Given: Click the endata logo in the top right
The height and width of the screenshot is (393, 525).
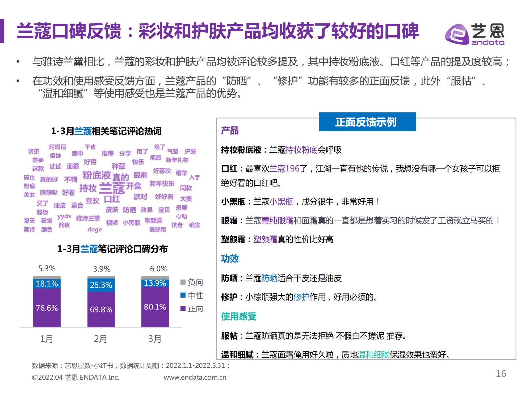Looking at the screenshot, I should pos(474,34).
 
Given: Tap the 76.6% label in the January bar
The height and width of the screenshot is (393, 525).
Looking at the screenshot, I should pos(47,308).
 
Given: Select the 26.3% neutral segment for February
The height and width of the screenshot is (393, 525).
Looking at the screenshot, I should pos(101,285).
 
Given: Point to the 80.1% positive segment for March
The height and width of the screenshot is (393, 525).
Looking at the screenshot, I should pos(155,307).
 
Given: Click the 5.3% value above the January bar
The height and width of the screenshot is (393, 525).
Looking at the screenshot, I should pos(47,269).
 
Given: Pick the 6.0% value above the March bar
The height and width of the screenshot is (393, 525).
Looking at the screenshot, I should pos(158,269).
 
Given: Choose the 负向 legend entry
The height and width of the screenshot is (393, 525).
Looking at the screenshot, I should pos(192,282).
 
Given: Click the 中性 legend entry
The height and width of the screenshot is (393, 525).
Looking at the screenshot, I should pos(192,295).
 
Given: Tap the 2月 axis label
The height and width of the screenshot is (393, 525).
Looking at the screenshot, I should pos(100,339).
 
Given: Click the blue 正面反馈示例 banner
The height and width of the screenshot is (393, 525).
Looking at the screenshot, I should pos(367,122).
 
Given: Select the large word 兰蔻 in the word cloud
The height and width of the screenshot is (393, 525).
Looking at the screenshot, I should pos(112,188).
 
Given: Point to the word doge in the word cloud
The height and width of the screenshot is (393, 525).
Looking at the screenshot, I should pos(94,229).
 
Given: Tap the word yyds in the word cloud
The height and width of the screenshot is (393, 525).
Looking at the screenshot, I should pos(64,216).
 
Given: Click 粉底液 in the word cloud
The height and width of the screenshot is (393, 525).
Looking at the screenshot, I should pos(96,175).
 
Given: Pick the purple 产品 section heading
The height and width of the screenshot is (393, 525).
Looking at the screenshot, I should pos(230,131).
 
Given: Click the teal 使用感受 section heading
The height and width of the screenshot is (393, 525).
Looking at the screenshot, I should pos(239,316).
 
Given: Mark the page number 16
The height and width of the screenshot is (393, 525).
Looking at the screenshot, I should pos(501,373).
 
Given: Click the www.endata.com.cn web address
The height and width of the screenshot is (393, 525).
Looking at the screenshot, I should pos(195,377).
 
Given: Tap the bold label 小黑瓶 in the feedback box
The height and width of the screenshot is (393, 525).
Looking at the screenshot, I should pos(233,202).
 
